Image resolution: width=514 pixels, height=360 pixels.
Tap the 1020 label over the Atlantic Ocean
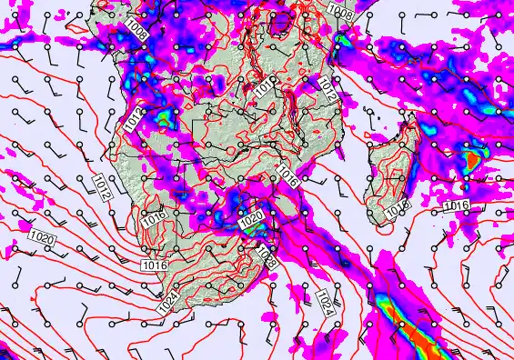click(x=42, y=240)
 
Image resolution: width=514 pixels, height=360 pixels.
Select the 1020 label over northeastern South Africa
click(x=251, y=221)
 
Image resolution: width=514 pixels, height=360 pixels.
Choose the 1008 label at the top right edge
click(x=340, y=11)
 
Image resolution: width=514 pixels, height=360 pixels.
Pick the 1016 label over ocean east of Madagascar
click(x=456, y=206)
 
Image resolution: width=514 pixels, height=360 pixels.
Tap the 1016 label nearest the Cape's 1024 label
click(x=156, y=265)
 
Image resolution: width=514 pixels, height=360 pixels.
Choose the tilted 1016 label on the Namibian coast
click(x=152, y=217)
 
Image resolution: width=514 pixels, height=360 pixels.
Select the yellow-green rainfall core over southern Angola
click(x=161, y=117)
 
